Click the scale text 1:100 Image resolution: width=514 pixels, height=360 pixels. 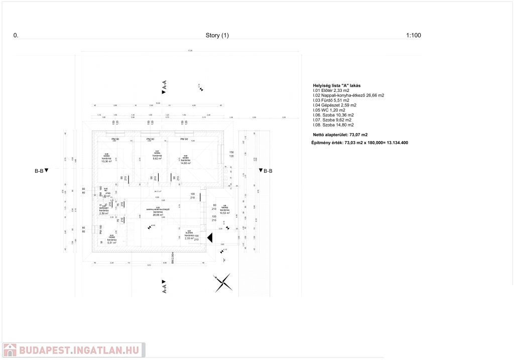[413, 36]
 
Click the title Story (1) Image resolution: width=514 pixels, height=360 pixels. [217, 36]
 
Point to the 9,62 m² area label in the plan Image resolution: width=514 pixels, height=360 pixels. [157, 159]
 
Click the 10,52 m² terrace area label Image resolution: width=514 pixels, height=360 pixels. [224, 212]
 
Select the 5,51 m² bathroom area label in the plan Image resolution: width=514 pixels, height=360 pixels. [112, 243]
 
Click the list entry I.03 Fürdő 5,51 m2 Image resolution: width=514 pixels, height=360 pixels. [331, 100]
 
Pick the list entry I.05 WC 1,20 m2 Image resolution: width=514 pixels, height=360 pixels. [329, 110]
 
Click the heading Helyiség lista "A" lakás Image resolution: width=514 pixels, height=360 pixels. [337, 86]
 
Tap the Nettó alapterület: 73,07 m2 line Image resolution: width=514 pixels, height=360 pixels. [340, 135]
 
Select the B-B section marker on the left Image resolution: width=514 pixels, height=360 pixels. [41, 171]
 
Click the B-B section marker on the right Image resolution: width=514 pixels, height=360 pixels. [265, 171]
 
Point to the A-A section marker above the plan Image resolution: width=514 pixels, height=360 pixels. [164, 87]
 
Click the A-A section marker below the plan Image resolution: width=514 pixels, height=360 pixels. [164, 287]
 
